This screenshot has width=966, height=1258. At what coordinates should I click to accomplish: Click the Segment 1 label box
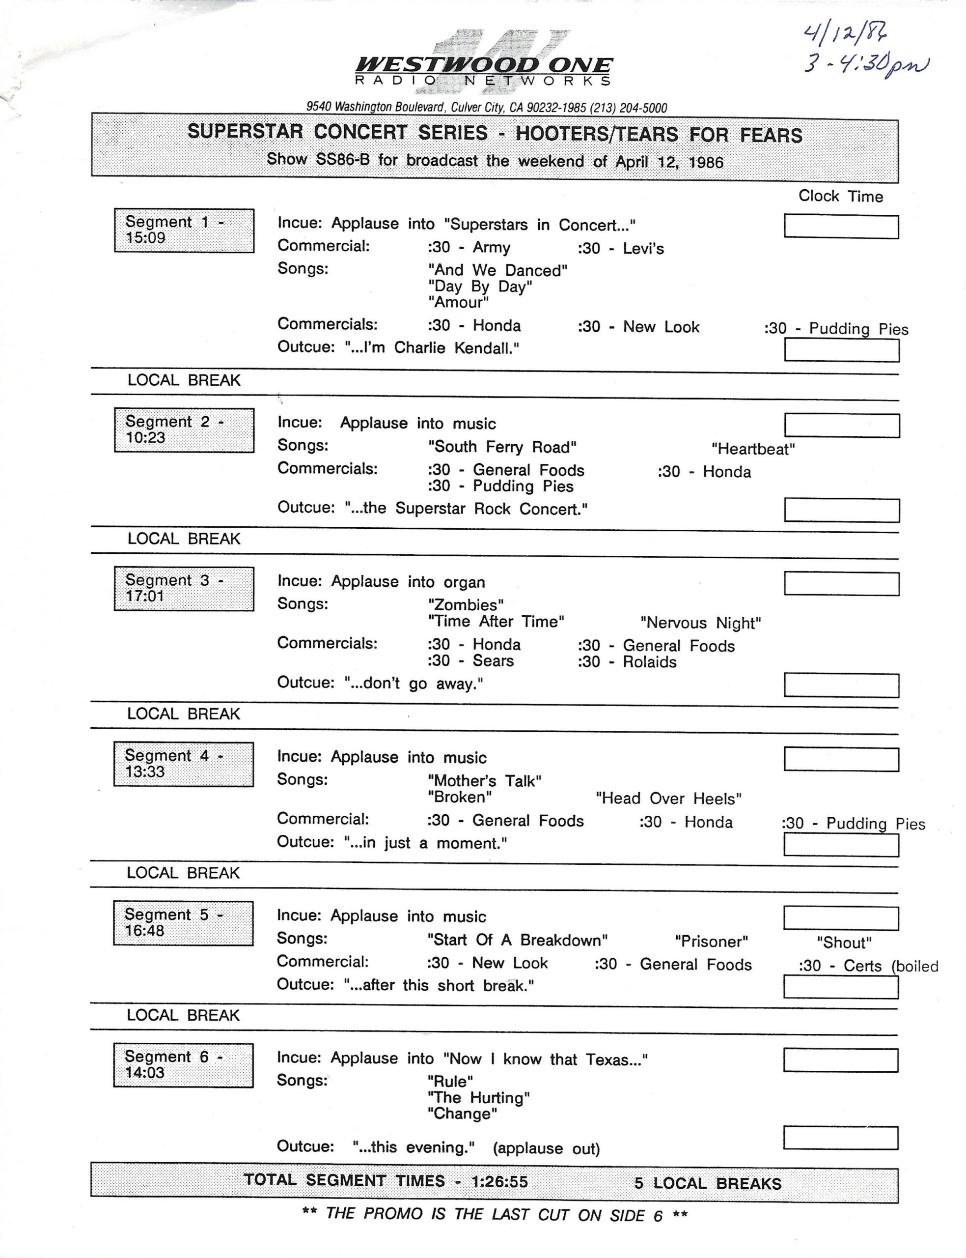pyautogui.click(x=184, y=230)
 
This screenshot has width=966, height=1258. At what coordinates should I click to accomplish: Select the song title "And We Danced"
pyautogui.click(x=498, y=270)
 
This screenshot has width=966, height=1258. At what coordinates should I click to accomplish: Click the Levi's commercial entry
pyautogui.click(x=621, y=249)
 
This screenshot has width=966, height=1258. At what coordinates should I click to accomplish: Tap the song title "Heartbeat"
pyautogui.click(x=753, y=449)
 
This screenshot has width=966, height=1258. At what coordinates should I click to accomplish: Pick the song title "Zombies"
pyautogui.click(x=466, y=604)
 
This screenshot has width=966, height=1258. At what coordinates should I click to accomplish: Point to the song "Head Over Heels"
pyautogui.click(x=669, y=799)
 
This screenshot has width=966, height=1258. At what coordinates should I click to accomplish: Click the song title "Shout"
pyautogui.click(x=844, y=942)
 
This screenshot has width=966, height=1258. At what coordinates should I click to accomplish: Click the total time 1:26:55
pyautogui.click(x=499, y=1181)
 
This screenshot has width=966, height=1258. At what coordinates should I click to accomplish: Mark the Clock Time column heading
pyautogui.click(x=840, y=196)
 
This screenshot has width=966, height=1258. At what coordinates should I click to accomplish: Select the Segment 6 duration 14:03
pyautogui.click(x=145, y=1072)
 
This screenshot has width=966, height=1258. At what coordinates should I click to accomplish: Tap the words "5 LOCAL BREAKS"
pyautogui.click(x=707, y=1183)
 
